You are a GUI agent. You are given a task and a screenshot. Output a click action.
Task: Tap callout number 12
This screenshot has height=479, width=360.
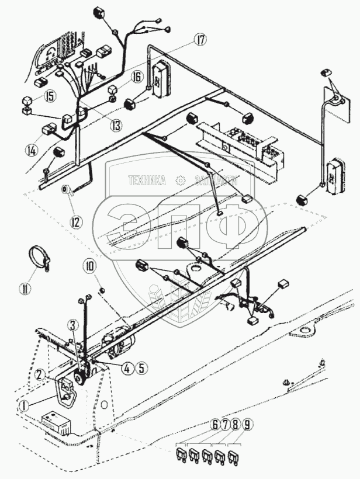coord(77,221)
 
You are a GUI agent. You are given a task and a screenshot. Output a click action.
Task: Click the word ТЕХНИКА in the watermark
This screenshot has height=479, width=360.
coord(146,181)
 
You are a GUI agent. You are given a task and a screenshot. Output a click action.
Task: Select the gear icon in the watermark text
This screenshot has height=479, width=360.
coord(181,181)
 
